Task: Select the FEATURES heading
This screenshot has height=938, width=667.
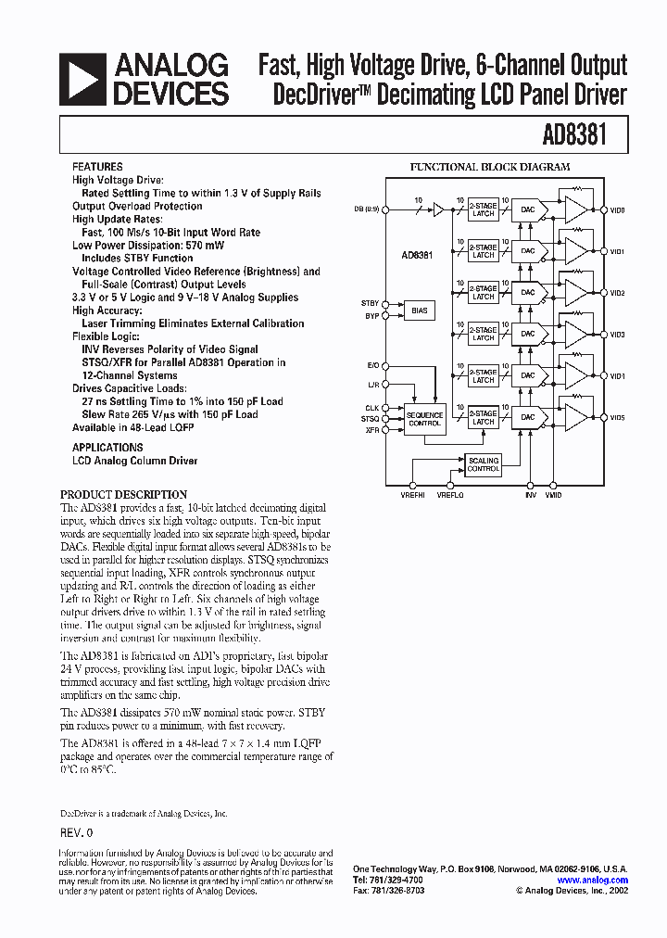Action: [97, 167]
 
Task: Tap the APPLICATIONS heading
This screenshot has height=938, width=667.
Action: [107, 447]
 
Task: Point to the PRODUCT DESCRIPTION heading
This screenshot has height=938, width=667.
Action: [123, 494]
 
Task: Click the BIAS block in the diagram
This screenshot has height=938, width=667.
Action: [420, 311]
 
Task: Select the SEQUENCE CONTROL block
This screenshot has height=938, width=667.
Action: [425, 418]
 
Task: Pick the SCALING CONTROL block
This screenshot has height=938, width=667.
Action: [484, 464]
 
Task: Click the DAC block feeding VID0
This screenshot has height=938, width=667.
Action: [527, 209]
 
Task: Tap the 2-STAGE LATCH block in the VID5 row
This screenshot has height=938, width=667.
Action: [484, 417]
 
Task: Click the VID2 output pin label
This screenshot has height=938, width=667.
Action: [618, 293]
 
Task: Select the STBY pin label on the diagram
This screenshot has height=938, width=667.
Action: [370, 303]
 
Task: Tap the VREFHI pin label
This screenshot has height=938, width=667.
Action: [412, 496]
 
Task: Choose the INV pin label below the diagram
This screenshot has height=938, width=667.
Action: [530, 496]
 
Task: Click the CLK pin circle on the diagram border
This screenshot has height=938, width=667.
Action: [385, 407]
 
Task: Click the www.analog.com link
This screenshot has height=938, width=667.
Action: [593, 881]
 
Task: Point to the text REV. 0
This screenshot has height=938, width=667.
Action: [77, 832]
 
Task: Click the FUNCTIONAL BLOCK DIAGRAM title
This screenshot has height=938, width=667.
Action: [490, 167]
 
